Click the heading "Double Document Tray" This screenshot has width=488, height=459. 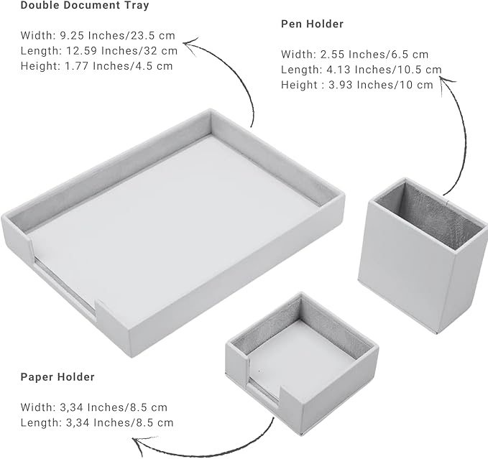tap(85, 5)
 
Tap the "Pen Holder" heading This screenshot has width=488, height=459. tap(312, 24)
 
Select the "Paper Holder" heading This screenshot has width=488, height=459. tap(57, 377)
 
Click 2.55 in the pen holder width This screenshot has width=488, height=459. tap(332, 55)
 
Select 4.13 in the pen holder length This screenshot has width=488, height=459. tap(339, 70)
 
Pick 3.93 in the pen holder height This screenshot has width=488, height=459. tap(341, 85)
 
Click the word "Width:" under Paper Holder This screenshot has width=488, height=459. tap(38, 407)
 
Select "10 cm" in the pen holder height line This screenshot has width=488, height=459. tap(416, 85)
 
